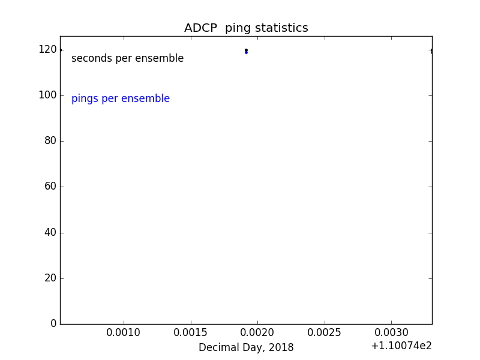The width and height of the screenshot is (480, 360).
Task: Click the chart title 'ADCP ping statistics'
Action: click(246, 28)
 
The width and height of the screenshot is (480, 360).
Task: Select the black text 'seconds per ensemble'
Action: click(127, 59)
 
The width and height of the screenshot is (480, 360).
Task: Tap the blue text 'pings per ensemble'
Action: click(121, 99)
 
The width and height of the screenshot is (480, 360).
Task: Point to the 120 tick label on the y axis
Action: click(47, 50)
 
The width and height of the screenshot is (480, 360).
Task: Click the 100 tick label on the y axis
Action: click(47, 95)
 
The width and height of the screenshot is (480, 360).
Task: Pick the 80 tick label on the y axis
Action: click(50, 141)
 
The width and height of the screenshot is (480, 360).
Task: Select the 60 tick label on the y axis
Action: click(50, 187)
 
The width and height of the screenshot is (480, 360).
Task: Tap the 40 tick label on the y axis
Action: click(50, 232)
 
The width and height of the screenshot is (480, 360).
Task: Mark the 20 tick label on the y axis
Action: click(50, 278)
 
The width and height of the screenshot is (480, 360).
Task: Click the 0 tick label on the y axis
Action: click(53, 324)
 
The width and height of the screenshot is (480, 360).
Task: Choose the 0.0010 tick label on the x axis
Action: click(124, 332)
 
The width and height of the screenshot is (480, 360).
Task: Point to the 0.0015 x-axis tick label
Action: click(191, 332)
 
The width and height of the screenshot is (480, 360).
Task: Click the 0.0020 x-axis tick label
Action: click(257, 332)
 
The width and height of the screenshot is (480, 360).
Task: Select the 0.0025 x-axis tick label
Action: click(325, 332)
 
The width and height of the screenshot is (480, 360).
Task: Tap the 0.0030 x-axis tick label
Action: click(391, 332)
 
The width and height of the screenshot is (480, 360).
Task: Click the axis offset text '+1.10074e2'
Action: click(401, 346)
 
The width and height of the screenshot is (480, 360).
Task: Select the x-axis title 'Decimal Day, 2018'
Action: click(246, 348)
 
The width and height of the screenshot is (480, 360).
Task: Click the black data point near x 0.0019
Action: click(246, 50)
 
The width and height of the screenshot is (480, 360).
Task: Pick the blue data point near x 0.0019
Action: click(246, 53)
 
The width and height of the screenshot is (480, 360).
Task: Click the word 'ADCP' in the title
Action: click(200, 28)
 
